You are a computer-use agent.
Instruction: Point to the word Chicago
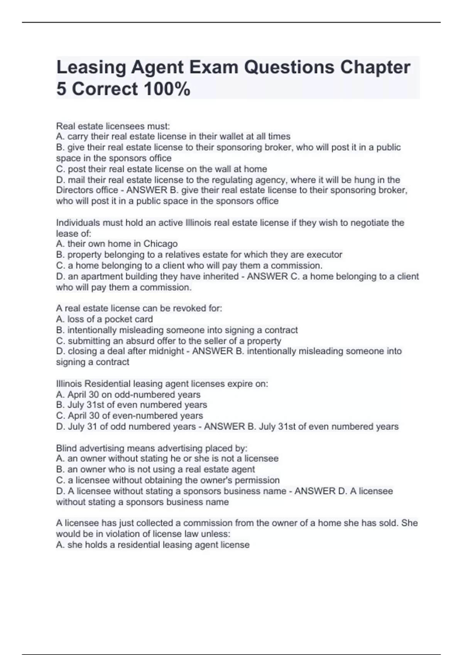pos(161,244)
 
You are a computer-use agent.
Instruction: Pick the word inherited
pos(220,276)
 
